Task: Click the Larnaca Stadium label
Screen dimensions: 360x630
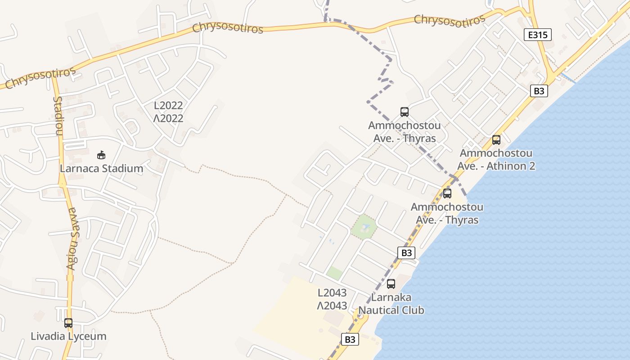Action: [x=102, y=169]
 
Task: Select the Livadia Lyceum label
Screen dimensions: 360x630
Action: [x=68, y=336]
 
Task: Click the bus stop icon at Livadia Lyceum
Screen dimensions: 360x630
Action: [x=68, y=323]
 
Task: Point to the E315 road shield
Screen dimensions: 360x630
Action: [x=538, y=35]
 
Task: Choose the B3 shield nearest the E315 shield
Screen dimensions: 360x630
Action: [x=539, y=91]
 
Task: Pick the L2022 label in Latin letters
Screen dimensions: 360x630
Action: [x=168, y=106]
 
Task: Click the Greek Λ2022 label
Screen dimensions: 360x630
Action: [x=168, y=118]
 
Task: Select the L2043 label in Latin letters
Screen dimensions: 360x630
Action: [x=332, y=293]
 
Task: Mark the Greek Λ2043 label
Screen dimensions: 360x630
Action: [x=332, y=306]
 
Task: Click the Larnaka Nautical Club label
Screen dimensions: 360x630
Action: [x=391, y=304]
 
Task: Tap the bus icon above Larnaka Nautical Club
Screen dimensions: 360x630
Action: [x=391, y=284]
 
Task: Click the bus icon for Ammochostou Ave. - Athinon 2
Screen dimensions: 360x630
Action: [x=496, y=140]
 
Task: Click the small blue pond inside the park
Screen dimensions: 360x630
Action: [x=365, y=226]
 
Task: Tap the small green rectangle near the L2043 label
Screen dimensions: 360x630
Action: [x=334, y=273]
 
